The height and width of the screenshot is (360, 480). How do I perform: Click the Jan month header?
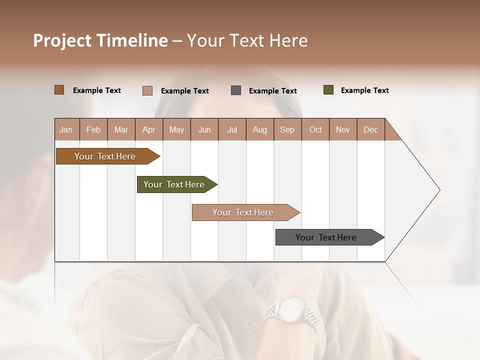66,129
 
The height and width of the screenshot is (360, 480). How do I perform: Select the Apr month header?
149,129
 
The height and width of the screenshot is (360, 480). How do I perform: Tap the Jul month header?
232,129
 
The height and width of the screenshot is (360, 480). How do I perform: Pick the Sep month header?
287,129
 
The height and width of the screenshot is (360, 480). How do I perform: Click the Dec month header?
371,129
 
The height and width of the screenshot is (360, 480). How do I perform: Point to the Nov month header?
343,129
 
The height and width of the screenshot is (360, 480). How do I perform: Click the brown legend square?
59,90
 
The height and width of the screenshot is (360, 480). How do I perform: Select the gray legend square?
236,90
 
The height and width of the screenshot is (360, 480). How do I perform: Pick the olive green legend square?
328,90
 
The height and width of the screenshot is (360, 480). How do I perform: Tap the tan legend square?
147,90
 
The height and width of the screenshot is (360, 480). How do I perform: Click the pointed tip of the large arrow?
439,190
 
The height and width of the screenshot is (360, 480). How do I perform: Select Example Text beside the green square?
365,90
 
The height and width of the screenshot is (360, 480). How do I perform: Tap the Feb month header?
93,129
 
